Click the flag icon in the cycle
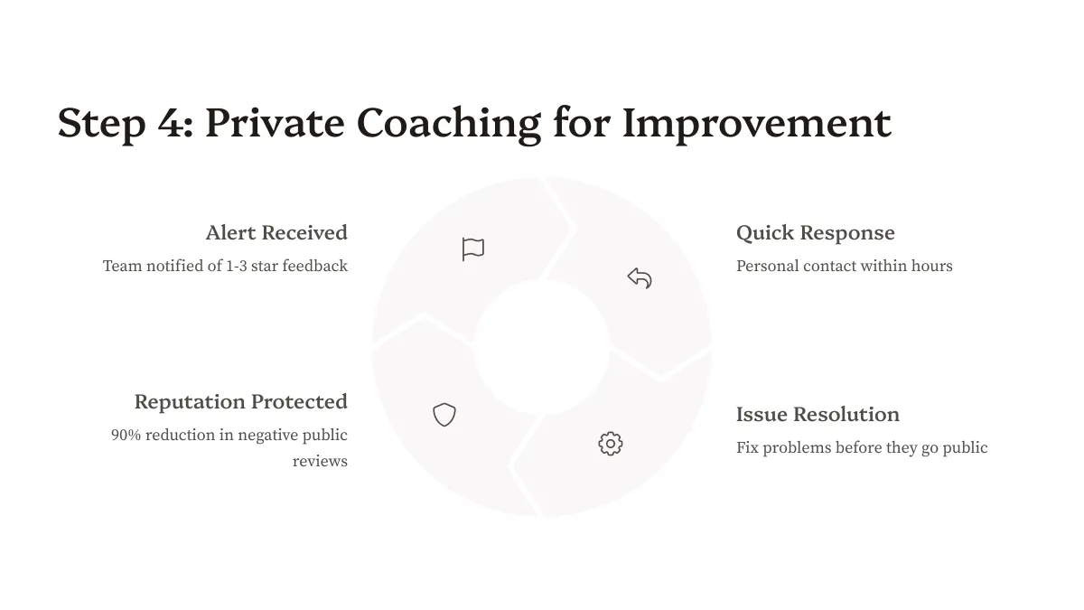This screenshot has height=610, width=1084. coord(472,249)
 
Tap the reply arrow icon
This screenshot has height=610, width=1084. coord(640,278)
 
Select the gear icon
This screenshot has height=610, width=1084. coord(611,444)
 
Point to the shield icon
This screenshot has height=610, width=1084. coord(444,415)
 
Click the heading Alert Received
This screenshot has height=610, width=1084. coord(276,233)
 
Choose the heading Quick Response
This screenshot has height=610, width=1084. coord(816,233)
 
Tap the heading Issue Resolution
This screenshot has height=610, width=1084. coord(818,415)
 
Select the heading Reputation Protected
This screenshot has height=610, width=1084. coord(241,402)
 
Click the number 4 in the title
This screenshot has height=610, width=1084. coord(171,124)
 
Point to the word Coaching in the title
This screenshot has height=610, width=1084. coord(449,124)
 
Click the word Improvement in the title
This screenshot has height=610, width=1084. coord(757,124)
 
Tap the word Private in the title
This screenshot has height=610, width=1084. coord(275,123)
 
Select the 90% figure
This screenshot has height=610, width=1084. coord(126,436)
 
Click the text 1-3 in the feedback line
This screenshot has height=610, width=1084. coord(237,267)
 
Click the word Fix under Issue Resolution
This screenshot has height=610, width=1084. coord(747,448)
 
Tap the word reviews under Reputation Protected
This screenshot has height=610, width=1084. coord(320,462)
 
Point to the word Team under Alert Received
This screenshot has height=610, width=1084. coord(123,267)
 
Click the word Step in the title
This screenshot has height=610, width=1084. coord(101,125)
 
